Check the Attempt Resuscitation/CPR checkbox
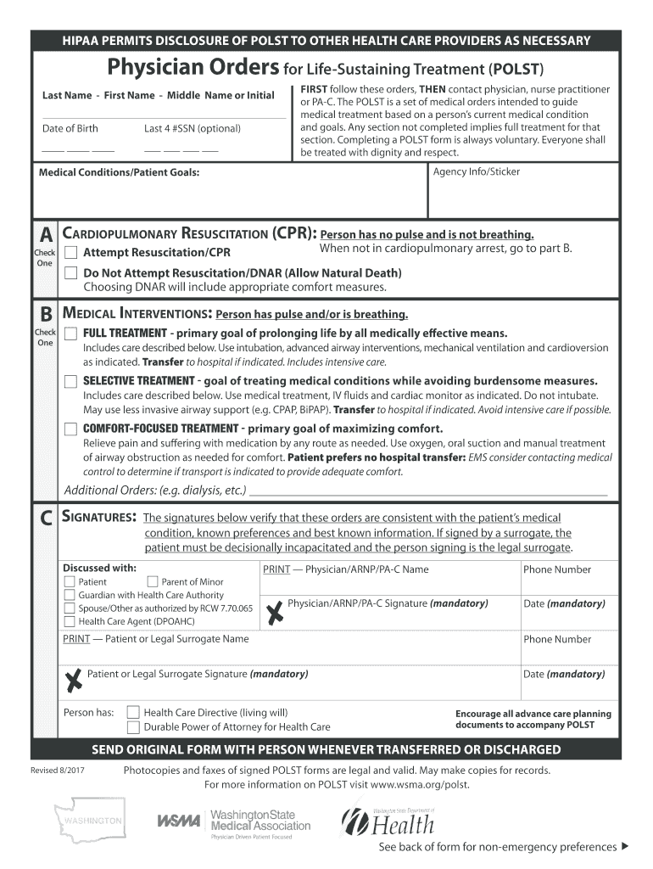click(70, 253)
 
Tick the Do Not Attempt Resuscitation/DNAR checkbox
click(70, 273)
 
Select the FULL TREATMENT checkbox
click(70, 333)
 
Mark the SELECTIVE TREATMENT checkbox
click(70, 381)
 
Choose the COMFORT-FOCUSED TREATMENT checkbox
click(70, 429)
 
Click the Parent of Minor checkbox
click(153, 581)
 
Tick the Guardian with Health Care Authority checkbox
click(70, 595)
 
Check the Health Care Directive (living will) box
click(133, 713)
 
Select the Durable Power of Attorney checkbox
click(133, 727)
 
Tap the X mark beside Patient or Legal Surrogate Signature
click(75, 678)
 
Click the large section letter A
click(45, 234)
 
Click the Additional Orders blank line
click(428, 492)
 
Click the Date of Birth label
click(70, 128)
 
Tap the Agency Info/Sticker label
click(476, 171)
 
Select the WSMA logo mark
click(179, 821)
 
